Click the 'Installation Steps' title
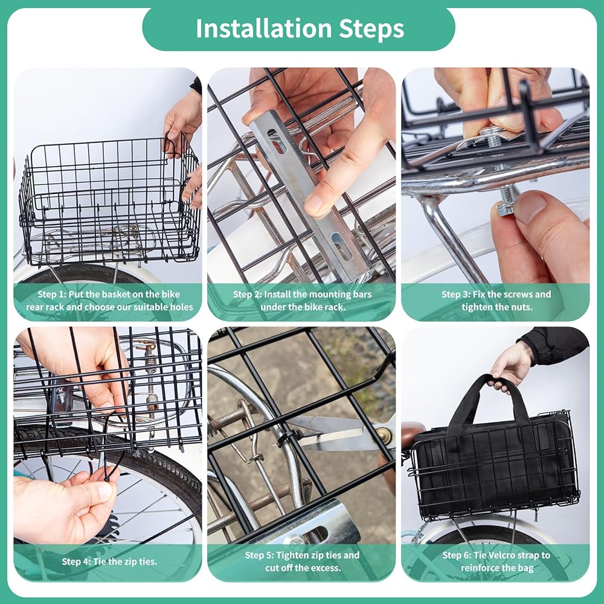[x=300, y=28]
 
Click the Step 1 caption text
[x=109, y=300]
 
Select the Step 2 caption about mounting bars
[x=303, y=300]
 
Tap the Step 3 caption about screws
[x=496, y=300]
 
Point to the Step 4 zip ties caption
[x=109, y=561]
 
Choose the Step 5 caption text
[x=303, y=561]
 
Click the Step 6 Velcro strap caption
[x=496, y=561]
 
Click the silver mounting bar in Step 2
[x=308, y=193]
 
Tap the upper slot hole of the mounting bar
[x=276, y=141]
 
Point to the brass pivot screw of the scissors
[x=384, y=435]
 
